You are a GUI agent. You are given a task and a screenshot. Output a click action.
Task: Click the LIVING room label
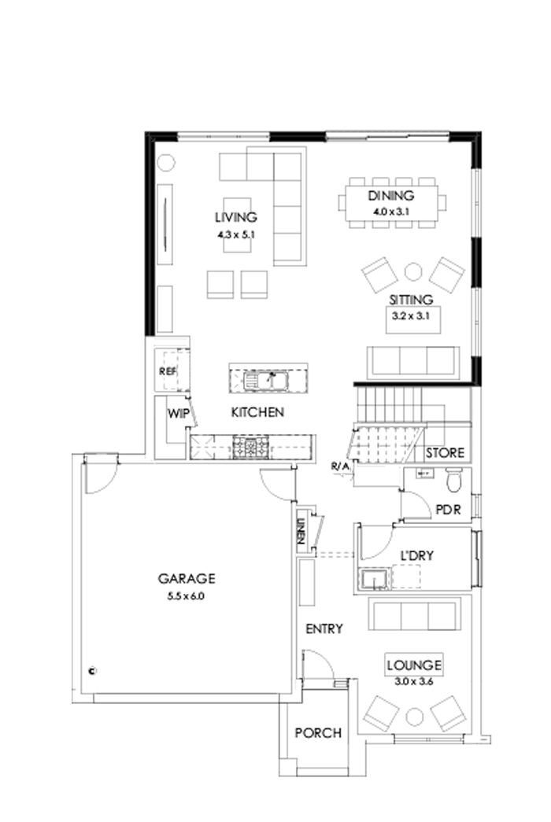pyautogui.click(x=236, y=217)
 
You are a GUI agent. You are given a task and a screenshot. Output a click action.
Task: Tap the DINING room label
pyautogui.click(x=391, y=197)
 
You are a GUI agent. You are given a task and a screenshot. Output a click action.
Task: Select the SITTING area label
pyautogui.click(x=410, y=300)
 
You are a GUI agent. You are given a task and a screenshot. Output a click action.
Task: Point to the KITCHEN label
pyautogui.click(x=257, y=412)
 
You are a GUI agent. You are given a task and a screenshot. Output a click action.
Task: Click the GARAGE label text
pyautogui.click(x=187, y=579)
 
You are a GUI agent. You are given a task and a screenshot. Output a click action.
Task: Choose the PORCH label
pyautogui.click(x=318, y=733)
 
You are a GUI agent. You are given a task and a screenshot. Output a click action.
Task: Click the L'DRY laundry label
pyautogui.click(x=418, y=555)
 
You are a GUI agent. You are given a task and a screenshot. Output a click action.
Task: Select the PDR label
pyautogui.click(x=447, y=508)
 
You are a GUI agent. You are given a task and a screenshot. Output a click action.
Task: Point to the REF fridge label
pyautogui.click(x=167, y=370)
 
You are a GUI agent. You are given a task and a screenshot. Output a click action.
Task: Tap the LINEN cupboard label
pyautogui.click(x=301, y=533)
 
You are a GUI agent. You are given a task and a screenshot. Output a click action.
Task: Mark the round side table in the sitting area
pyautogui.click(x=413, y=271)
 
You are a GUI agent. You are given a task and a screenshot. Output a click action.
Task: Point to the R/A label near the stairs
pyautogui.click(x=340, y=467)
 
